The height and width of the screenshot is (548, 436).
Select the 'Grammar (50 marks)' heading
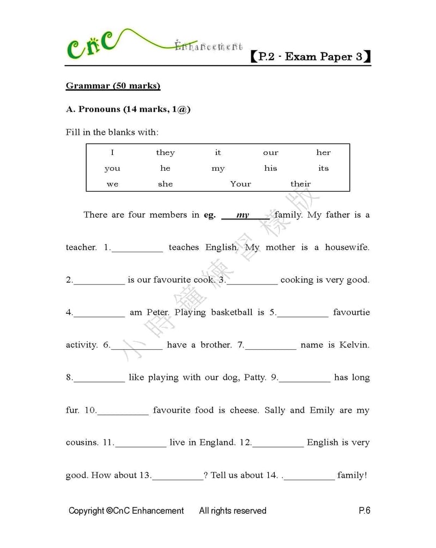click(x=113, y=86)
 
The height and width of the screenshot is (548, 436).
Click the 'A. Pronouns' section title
click(x=128, y=109)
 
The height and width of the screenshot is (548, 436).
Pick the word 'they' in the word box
click(x=165, y=153)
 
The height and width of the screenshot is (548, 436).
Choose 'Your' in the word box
click(x=240, y=184)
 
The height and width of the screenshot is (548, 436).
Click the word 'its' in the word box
click(x=323, y=168)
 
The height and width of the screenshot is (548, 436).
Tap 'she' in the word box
click(x=165, y=184)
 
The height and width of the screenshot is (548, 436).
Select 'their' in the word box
click(x=300, y=184)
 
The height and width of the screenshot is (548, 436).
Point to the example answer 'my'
click(x=243, y=215)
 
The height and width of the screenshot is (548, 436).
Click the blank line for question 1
click(x=137, y=249)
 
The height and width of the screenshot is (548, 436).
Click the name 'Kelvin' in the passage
click(x=354, y=345)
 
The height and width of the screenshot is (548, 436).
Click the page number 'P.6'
click(x=365, y=511)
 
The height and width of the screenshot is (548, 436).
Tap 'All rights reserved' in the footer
click(x=233, y=511)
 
